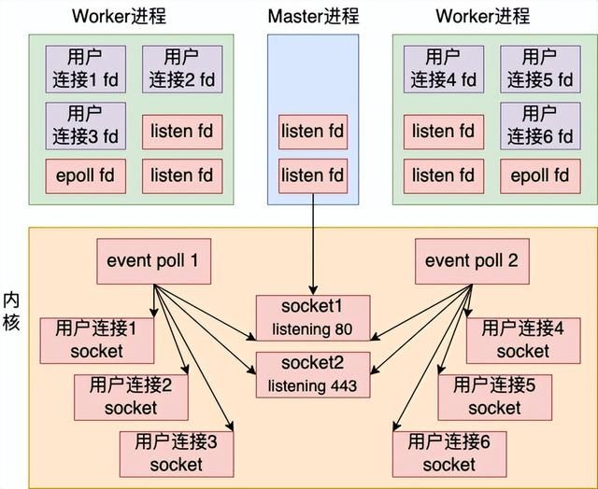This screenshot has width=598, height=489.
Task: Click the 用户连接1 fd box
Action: click(x=84, y=69)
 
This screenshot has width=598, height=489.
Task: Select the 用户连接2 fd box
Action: click(x=182, y=69)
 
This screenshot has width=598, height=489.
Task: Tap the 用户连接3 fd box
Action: click(x=84, y=125)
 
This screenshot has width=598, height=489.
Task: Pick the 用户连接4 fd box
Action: click(x=445, y=69)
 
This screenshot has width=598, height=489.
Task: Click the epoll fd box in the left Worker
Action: click(x=84, y=175)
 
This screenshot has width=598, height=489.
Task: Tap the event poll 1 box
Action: click(x=153, y=260)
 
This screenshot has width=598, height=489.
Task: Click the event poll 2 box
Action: click(x=471, y=260)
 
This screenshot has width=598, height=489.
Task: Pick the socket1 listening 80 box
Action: click(x=313, y=317)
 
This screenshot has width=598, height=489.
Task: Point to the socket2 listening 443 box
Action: click(x=313, y=373)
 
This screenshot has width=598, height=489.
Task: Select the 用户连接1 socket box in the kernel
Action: click(x=96, y=340)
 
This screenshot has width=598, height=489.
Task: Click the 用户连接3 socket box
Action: click(x=176, y=454)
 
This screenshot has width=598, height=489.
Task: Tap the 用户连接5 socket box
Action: click(x=494, y=397)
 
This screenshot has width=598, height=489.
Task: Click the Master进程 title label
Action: click(x=313, y=16)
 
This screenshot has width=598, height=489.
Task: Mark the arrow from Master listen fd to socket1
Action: click(x=313, y=243)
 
